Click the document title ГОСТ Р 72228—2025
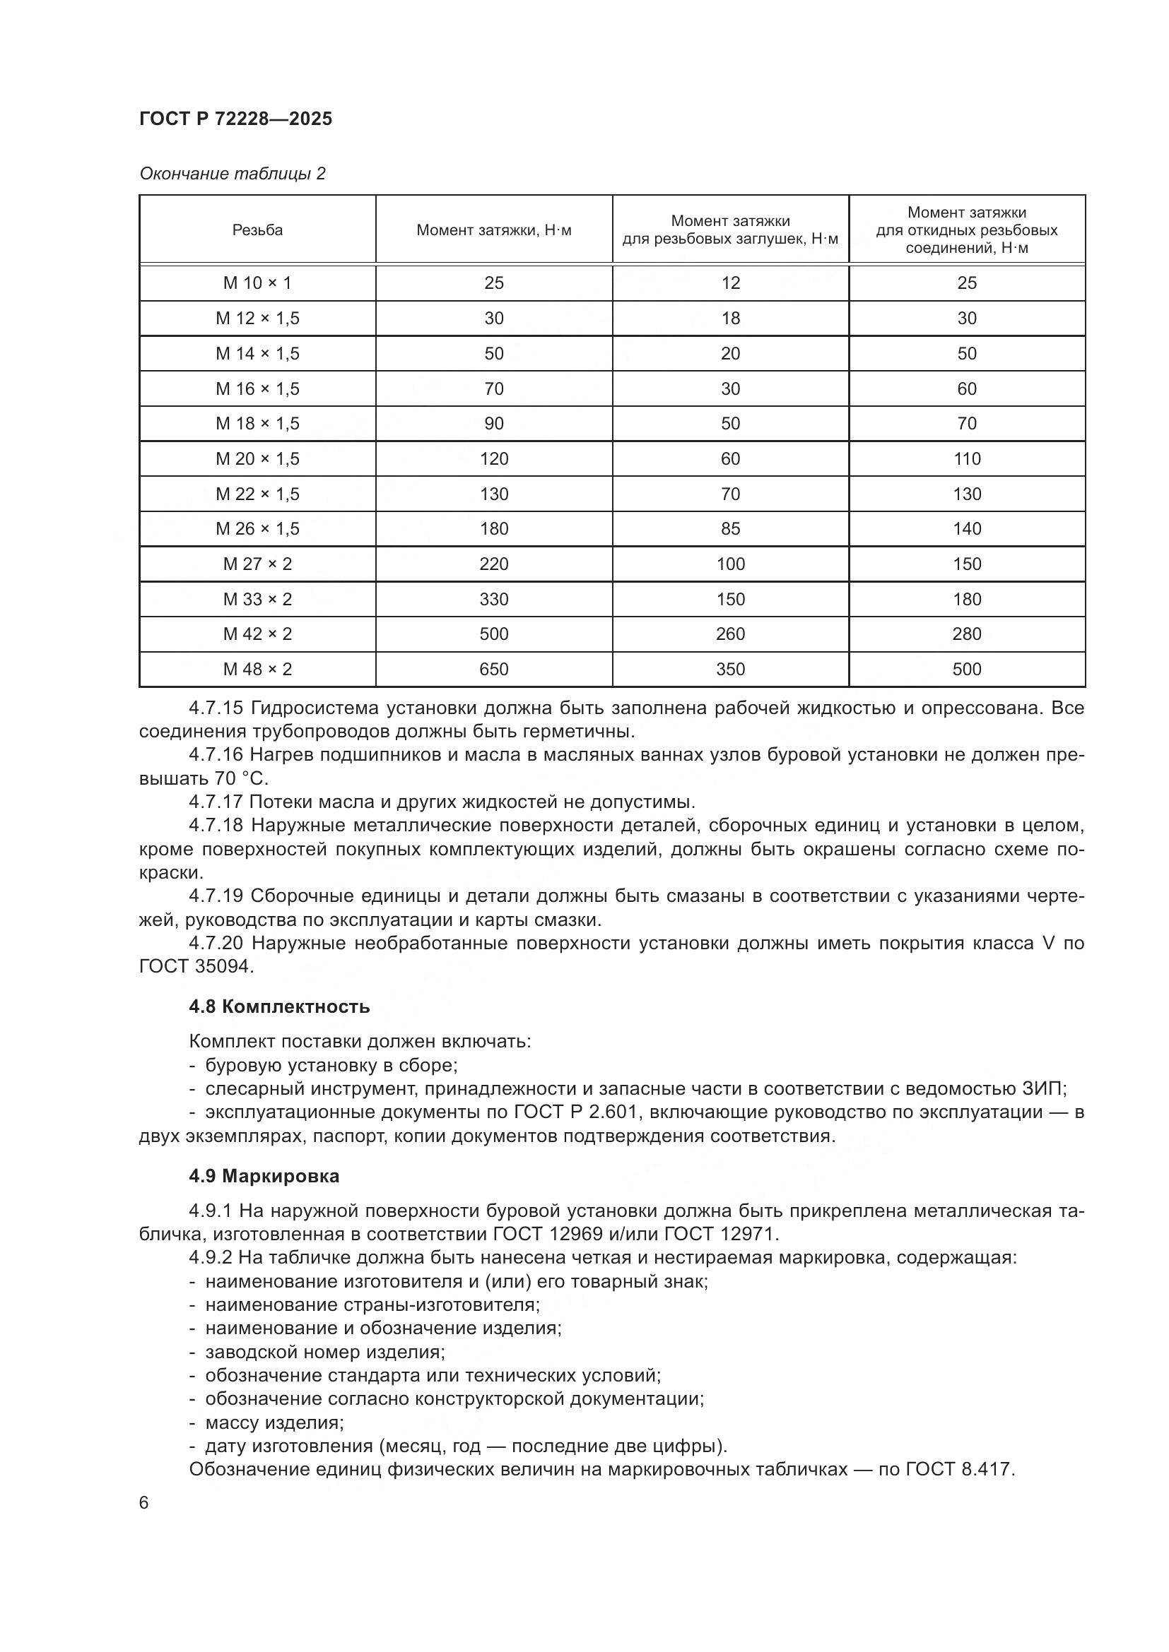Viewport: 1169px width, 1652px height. click(235, 119)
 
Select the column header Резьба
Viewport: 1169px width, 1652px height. click(257, 230)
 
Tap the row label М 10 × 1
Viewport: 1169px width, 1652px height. click(257, 283)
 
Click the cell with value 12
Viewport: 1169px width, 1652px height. click(730, 283)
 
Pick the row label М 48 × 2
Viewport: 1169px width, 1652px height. click(257, 669)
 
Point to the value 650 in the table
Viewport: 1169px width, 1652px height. click(494, 669)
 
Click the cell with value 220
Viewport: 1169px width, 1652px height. click(494, 564)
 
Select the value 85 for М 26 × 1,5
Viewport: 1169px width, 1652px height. click(730, 529)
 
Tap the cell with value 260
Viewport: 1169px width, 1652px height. click(730, 634)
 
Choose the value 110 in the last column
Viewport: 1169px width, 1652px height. click(966, 459)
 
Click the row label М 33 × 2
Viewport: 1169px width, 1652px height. click(257, 600)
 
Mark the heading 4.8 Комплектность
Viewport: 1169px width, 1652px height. click(279, 1006)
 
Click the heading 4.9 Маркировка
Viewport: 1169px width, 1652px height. click(264, 1177)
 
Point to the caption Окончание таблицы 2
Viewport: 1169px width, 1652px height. click(232, 174)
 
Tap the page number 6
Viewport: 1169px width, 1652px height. click(144, 1503)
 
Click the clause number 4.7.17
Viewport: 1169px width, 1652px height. click(216, 802)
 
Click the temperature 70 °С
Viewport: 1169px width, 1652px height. click(241, 779)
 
